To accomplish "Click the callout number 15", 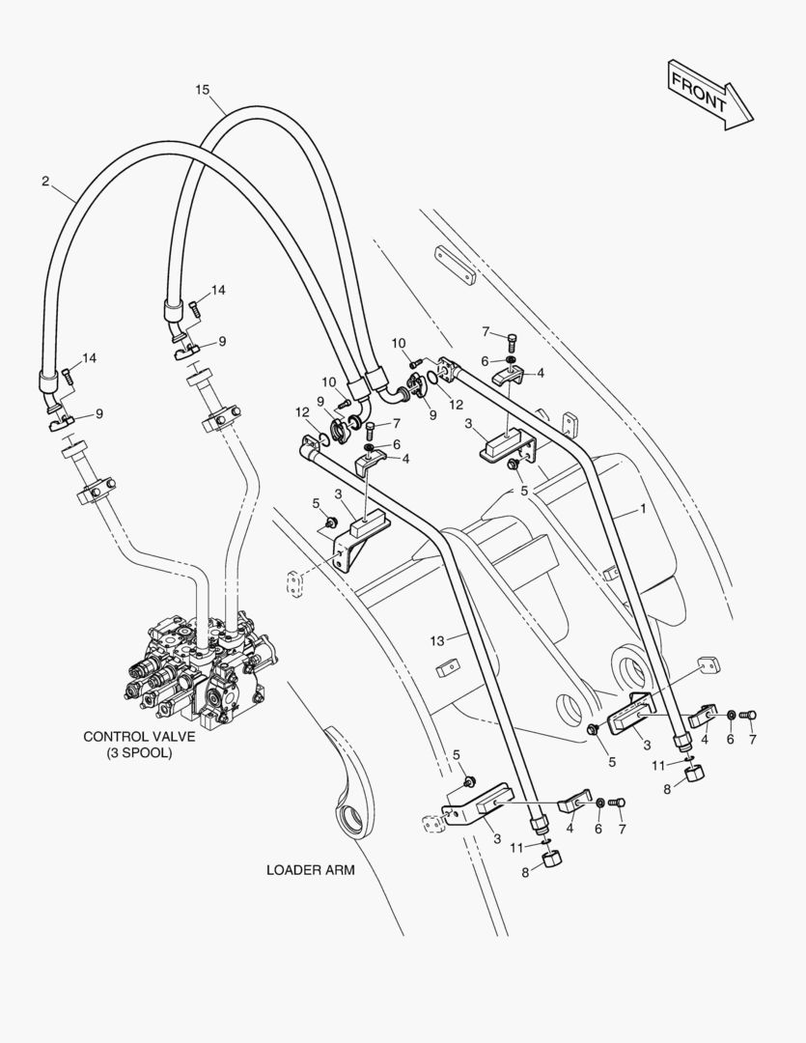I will click(202, 90).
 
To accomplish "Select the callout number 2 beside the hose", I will click(44, 181).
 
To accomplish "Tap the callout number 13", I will click(439, 640).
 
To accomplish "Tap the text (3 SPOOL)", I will click(139, 752).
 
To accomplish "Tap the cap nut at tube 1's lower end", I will click(695, 776).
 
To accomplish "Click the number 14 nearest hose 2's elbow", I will click(89, 358).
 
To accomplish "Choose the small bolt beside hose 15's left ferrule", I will click(194, 309).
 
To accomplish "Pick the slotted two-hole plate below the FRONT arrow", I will click(453, 263).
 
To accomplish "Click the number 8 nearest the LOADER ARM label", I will click(525, 872).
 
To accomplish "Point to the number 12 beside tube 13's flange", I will click(301, 413).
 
